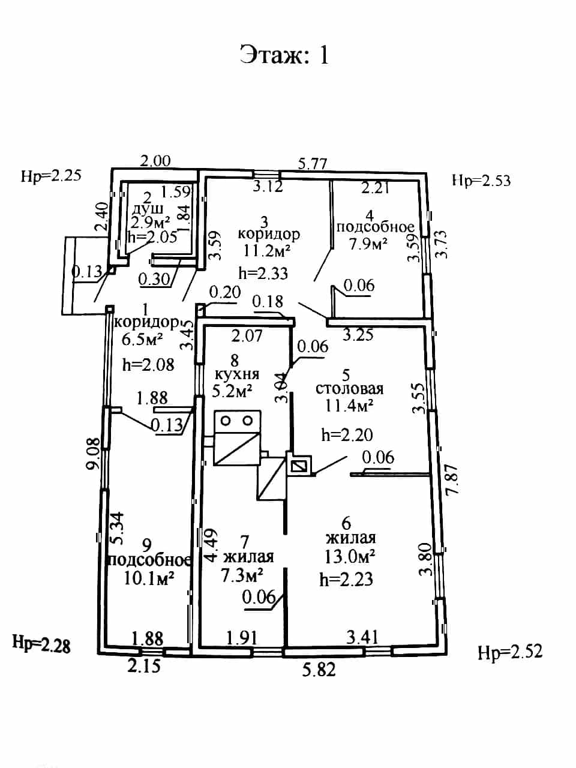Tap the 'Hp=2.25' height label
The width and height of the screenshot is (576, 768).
click(x=51, y=175)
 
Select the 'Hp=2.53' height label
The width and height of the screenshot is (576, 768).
click(x=481, y=181)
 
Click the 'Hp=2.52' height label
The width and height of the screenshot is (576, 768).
click(x=510, y=652)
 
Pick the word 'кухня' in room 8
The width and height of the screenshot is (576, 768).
click(x=237, y=374)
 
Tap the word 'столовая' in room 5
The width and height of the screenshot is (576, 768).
click(x=349, y=389)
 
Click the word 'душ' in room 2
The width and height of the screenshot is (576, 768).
click(x=148, y=209)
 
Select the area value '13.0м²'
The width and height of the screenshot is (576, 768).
click(x=350, y=556)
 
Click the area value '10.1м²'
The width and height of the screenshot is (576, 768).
click(x=149, y=578)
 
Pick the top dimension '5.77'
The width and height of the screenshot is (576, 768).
click(x=313, y=164)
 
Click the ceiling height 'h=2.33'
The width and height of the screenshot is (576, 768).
click(x=263, y=273)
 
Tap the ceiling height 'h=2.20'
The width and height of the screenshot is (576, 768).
click(x=347, y=435)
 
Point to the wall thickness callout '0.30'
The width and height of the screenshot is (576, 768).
click(x=154, y=279)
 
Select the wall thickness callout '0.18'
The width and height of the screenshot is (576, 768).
click(x=268, y=301)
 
